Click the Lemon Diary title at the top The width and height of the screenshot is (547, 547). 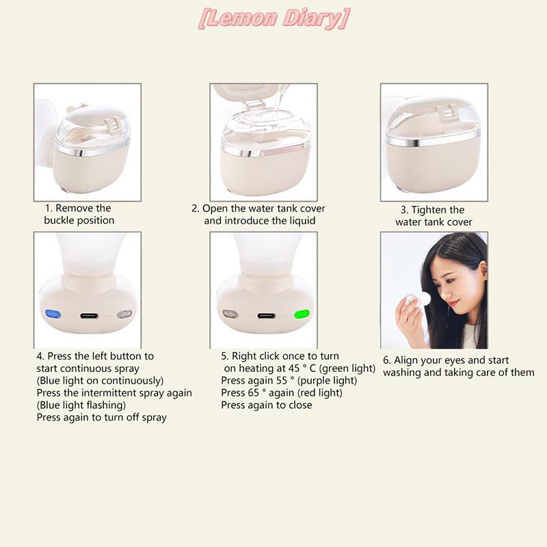pyautogui.click(x=274, y=19)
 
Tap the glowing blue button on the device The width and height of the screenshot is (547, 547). pyautogui.click(x=53, y=314)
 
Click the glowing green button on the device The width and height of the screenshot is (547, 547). pyautogui.click(x=302, y=314)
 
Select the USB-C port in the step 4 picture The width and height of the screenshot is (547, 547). pyautogui.click(x=90, y=316)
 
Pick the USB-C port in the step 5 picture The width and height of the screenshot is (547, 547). pyautogui.click(x=267, y=316)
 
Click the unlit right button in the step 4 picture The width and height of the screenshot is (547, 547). pyautogui.click(x=124, y=314)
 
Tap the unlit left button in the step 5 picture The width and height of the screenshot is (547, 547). pyautogui.click(x=230, y=314)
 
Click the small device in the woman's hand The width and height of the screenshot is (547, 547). pyautogui.click(x=417, y=299)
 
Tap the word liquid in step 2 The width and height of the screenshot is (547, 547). pyautogui.click(x=302, y=221)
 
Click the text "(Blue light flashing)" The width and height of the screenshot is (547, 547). pyautogui.click(x=81, y=405)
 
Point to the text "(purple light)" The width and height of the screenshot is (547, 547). pyautogui.click(x=327, y=381)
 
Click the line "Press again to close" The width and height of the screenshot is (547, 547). pyautogui.click(x=267, y=405)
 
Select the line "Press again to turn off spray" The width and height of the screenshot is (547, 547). pyautogui.click(x=101, y=418)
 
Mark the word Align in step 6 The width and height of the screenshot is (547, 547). pyautogui.click(x=405, y=360)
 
